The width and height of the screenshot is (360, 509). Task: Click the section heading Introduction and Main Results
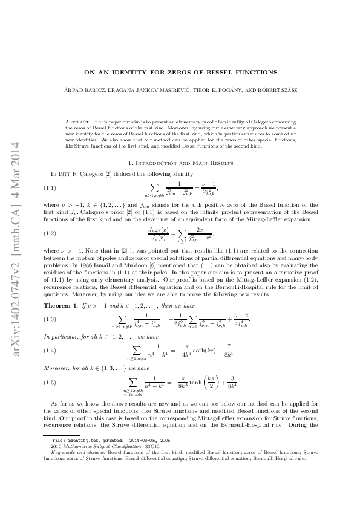click(180, 163)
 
